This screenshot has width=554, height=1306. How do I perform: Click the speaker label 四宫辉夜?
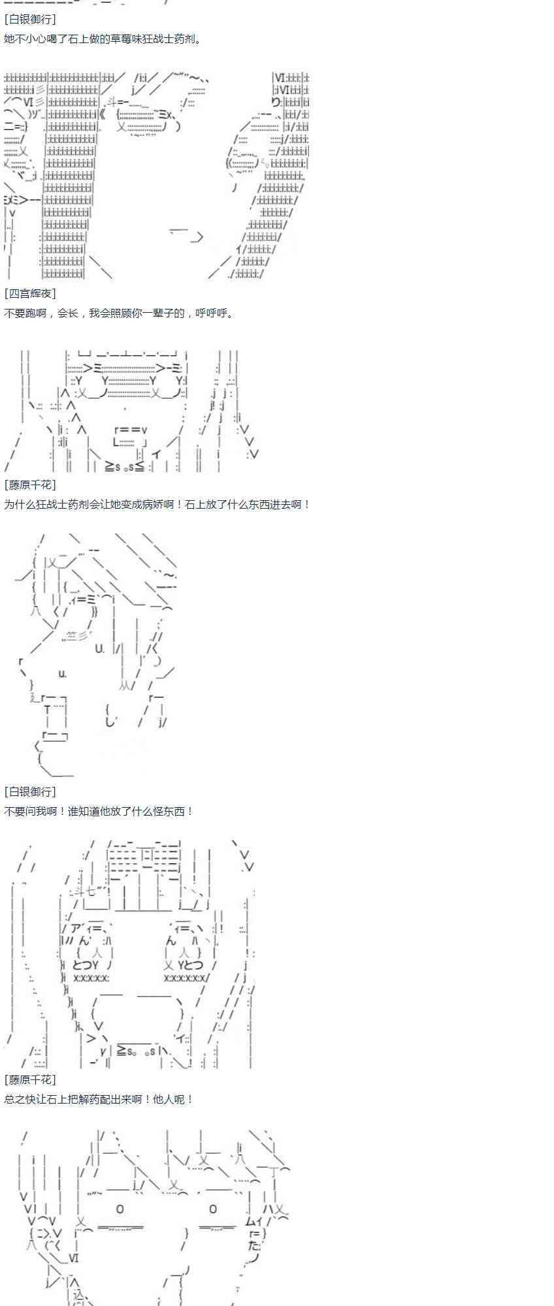click(30, 294)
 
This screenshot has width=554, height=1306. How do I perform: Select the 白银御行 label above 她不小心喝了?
click(30, 20)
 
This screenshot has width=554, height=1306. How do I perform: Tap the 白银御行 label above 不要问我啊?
click(30, 791)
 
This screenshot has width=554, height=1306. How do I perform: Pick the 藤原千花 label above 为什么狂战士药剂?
click(30, 485)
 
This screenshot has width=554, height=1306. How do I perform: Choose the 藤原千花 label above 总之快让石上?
click(30, 1080)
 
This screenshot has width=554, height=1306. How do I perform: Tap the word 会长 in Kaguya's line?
click(67, 313)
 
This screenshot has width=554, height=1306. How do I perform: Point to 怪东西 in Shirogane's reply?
click(167, 811)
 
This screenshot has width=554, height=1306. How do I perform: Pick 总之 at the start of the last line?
click(14, 1100)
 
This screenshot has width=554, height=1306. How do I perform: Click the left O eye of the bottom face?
click(120, 1209)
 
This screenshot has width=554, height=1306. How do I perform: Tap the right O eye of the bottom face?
click(213, 1209)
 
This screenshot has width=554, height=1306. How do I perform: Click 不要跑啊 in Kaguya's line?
click(25, 313)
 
